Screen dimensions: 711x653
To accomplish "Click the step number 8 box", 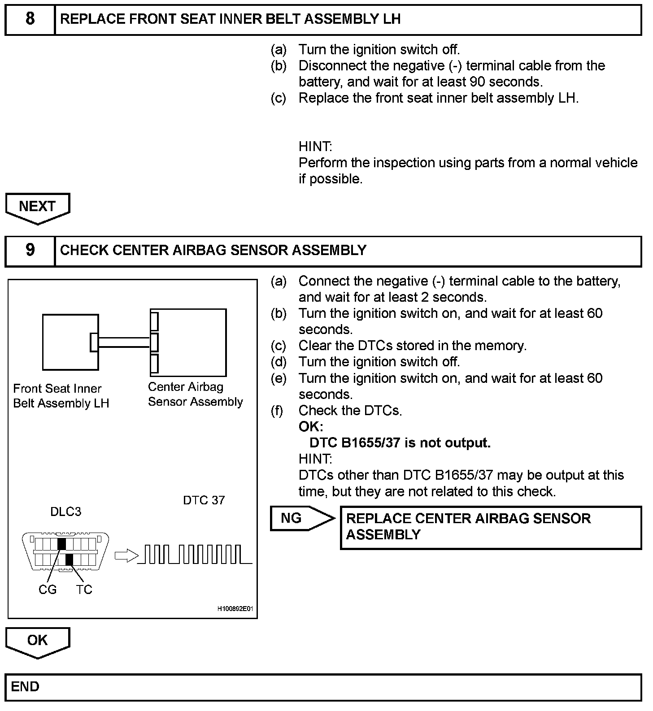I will coord(30,19).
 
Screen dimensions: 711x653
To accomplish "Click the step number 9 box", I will coord(30,251).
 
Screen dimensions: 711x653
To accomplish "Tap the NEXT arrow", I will coord(38,208).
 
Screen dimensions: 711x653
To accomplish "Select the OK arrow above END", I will coord(38,642).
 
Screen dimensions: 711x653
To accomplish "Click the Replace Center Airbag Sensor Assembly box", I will coord(491,527).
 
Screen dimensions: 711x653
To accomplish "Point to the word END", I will coord(25,687).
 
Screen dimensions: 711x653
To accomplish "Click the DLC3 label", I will coord(65,512).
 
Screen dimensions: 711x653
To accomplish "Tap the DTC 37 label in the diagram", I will coord(204,500).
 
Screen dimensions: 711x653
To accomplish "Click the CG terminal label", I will coord(48,590).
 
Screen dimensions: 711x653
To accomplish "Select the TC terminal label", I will coord(83,590).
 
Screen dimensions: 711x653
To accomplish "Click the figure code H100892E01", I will coord(235,609).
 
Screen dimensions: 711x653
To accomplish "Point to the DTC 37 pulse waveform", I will coord(195,554).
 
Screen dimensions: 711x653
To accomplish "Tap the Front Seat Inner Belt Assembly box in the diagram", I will coord(70,342).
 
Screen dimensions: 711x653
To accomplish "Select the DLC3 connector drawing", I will coord(66,552).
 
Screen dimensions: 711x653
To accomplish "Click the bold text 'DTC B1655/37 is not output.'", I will coord(400,443).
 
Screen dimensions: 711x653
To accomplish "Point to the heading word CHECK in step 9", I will coord(84,250).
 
